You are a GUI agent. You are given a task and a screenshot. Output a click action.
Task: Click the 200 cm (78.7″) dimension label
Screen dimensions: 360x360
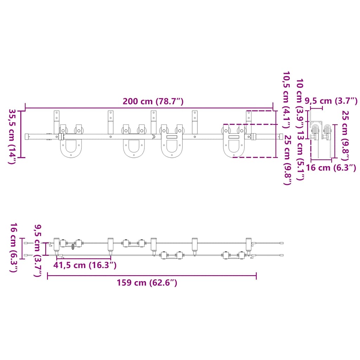(x=153, y=101)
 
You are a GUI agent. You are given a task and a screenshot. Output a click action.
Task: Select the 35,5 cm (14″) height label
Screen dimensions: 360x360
(x=12, y=137)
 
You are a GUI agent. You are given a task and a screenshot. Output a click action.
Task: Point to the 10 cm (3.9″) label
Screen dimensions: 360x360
(x=300, y=103)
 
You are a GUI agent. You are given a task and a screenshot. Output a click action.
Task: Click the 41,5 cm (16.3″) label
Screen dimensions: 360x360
(x=85, y=265)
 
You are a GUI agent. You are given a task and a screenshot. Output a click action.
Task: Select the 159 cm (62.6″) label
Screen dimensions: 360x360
(x=147, y=283)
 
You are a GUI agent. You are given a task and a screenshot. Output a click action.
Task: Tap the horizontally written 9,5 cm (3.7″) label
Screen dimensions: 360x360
(x=331, y=101)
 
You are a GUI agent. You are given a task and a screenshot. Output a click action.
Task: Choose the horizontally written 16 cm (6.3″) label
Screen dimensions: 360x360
(x=331, y=168)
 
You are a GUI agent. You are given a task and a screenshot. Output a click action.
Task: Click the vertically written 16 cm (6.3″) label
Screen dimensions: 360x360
(x=14, y=247)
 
